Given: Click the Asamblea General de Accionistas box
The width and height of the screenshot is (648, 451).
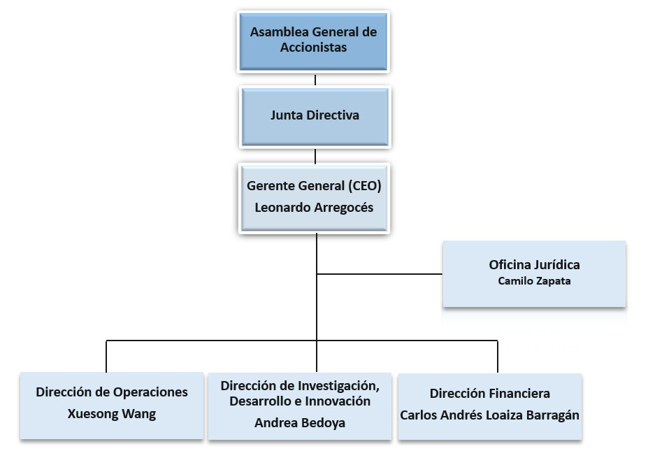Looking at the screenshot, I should click(x=314, y=40).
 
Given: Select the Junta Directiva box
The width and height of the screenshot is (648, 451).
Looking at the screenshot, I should click(x=315, y=115).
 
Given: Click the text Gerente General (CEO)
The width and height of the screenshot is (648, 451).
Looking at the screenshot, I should click(x=314, y=186).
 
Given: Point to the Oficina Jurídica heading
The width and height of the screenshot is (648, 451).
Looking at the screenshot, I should click(x=534, y=265).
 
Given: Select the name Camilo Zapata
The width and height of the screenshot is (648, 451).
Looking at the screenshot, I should click(x=534, y=281).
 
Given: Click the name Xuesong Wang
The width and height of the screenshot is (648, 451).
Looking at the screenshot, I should click(x=112, y=413).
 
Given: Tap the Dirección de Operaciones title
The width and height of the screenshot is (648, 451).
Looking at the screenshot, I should click(x=112, y=392).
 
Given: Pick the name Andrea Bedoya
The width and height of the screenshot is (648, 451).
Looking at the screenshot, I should click(x=300, y=423).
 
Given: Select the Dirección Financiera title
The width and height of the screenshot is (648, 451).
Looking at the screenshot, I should click(x=489, y=394).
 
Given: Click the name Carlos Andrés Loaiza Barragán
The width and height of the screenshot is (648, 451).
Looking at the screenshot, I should click(x=489, y=415).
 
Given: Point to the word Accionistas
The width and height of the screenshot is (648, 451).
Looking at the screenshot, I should click(x=313, y=48).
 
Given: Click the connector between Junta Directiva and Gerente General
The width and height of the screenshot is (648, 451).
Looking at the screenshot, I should click(x=315, y=155).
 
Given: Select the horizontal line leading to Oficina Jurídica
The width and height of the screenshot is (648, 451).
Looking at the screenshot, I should click(x=381, y=273).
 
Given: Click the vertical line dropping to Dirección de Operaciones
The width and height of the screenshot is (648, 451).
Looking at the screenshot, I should click(x=106, y=357).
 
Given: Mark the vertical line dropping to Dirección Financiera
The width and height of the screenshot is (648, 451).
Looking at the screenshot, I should click(x=498, y=357).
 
